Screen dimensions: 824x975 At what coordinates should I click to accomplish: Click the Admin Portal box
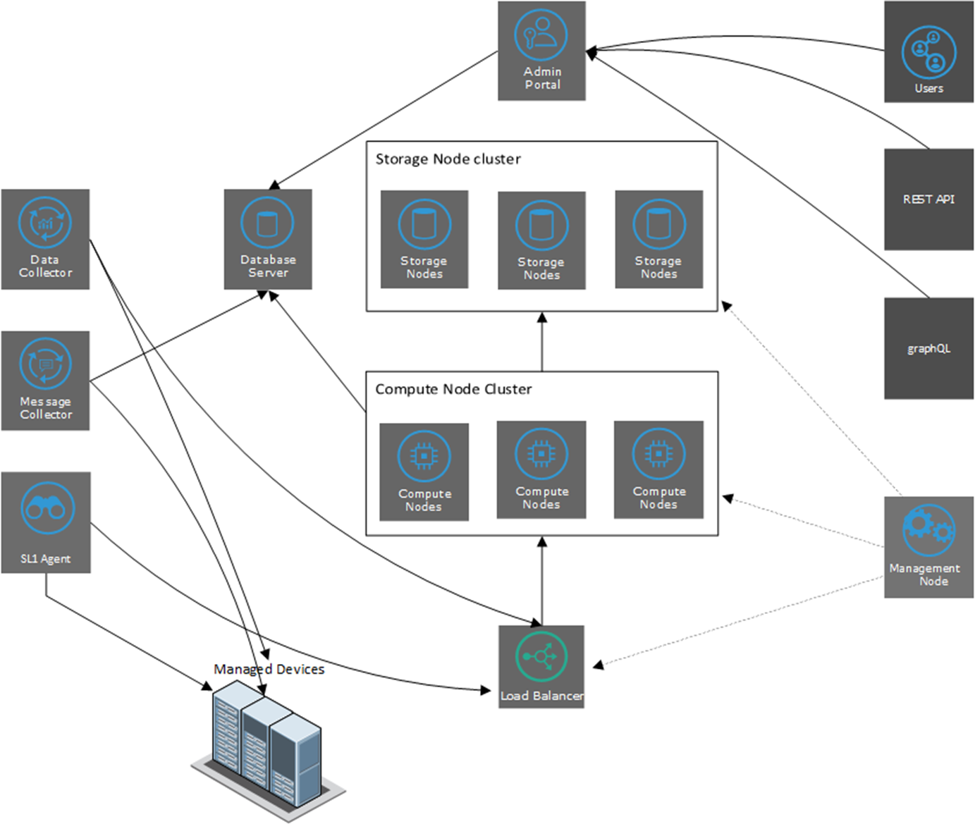point(541,51)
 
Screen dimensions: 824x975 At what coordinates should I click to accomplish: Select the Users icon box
point(928,52)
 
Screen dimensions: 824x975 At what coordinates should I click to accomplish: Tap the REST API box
point(928,199)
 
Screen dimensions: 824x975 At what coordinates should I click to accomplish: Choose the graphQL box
point(928,348)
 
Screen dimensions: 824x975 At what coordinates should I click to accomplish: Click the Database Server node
point(268,239)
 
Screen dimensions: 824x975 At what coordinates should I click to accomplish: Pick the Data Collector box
point(45,239)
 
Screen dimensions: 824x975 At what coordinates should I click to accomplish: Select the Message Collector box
point(45,381)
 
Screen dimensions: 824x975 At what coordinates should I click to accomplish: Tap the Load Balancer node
point(541,667)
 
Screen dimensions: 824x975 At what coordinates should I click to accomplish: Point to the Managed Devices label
point(269,669)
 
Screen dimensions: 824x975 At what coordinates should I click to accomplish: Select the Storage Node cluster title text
point(448,159)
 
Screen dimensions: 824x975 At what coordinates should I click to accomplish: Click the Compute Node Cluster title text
point(453,389)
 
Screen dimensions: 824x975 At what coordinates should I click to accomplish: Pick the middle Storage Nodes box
point(541,240)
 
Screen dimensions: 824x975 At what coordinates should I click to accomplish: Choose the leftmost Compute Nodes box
point(424,472)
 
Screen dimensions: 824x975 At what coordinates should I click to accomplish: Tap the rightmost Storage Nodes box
point(658,239)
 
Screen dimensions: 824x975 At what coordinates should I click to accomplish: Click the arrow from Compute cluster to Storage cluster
point(542,342)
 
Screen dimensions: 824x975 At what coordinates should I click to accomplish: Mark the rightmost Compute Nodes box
point(658,469)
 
